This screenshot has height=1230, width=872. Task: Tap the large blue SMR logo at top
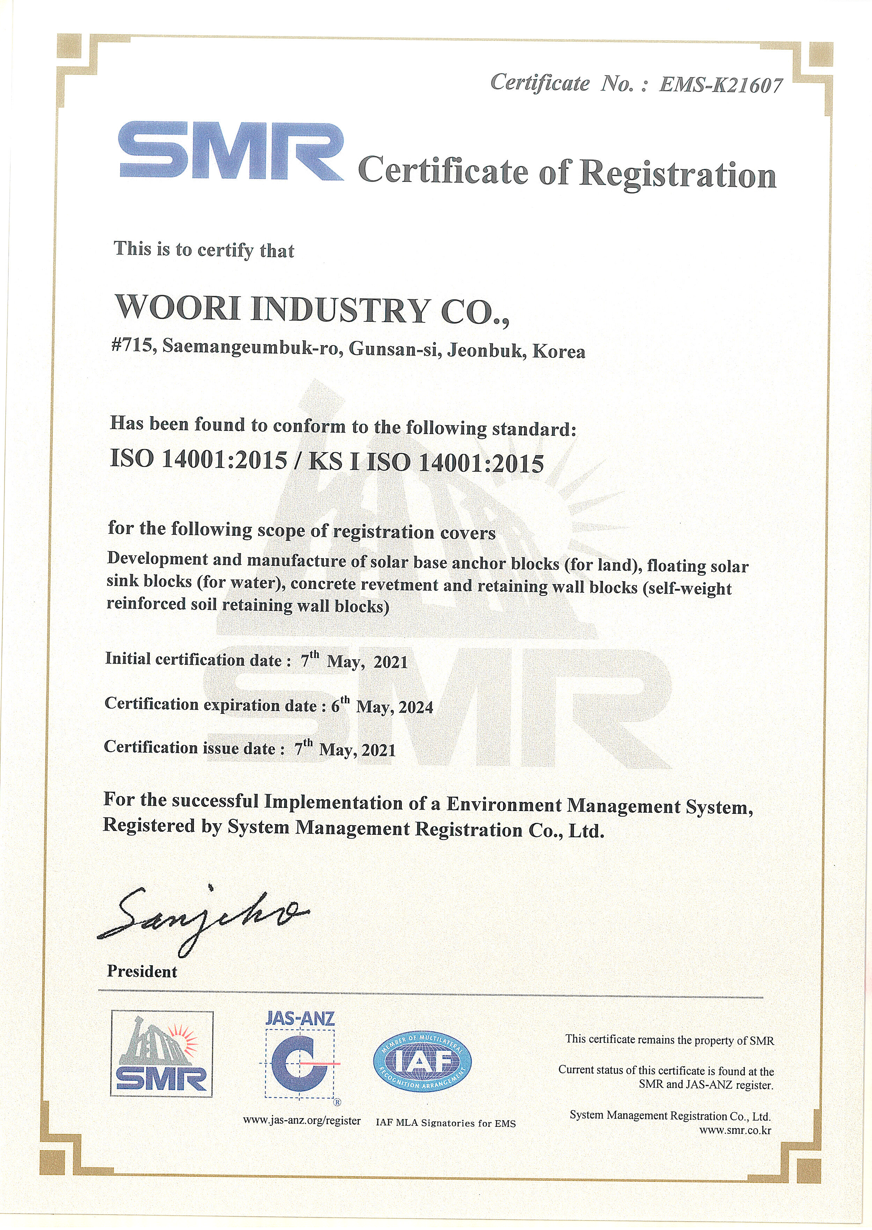(x=231, y=152)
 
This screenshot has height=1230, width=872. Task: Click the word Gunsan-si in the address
(x=395, y=349)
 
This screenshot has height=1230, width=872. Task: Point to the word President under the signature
(x=142, y=986)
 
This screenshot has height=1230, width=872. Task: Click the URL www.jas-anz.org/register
(x=302, y=1121)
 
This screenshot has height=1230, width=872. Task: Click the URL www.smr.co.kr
(x=735, y=1130)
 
